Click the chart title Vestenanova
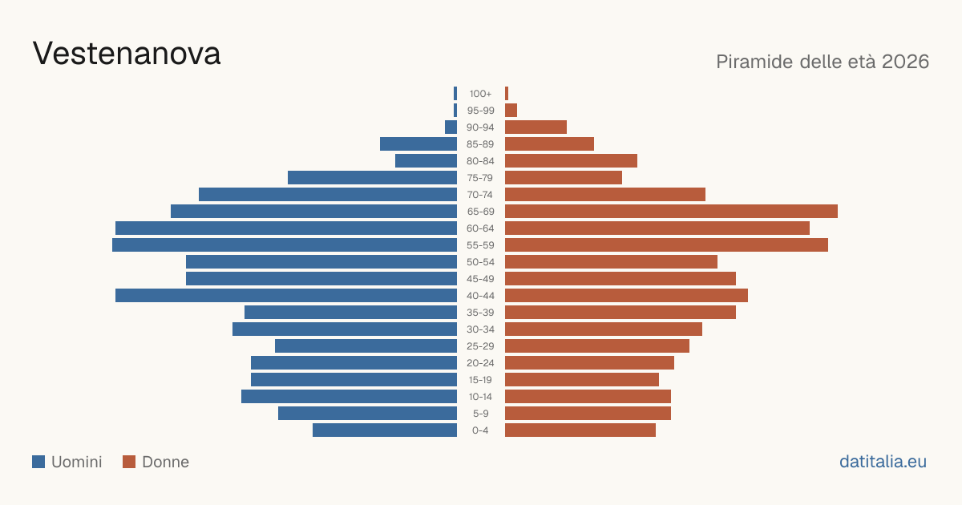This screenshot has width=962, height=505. coord(127,54)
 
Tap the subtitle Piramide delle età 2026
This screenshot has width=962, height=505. coord(823,62)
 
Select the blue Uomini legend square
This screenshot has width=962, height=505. coord(38,462)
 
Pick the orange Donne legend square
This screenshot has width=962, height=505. coord(129,462)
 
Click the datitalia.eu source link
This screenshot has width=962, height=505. coord(883,462)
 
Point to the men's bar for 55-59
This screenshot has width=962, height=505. coord(285,244)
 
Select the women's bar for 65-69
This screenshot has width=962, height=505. coord(671,212)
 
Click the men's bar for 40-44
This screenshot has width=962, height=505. coord(286,296)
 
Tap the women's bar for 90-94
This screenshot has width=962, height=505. coord(536,127)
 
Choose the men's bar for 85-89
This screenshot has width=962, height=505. coord(418,143)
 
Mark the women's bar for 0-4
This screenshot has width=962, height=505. coord(580,430)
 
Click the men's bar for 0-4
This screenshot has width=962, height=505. coord(385,430)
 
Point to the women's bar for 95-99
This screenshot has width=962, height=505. coord(511,111)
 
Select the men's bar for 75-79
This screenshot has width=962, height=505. coord(372,178)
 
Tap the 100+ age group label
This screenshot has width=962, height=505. coord(480,94)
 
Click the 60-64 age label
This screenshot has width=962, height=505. coord(480,228)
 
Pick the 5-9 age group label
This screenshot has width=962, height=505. coord(480,414)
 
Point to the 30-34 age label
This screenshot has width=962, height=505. coord(480,329)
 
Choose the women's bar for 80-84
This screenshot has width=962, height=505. coord(571,161)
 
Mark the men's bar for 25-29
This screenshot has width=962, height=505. coord(366,346)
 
